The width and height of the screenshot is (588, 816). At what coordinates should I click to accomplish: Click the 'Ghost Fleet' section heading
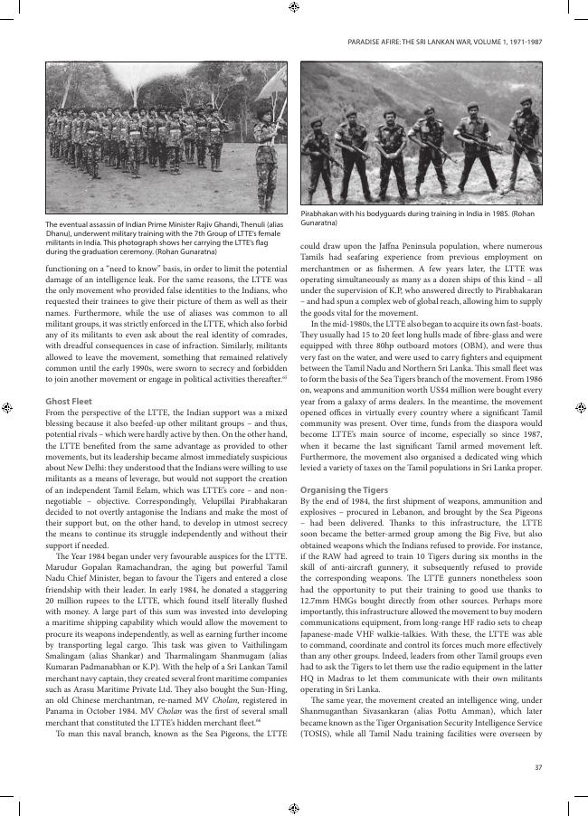[x=70, y=400]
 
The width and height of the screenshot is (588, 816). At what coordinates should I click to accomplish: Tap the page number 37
[x=537, y=742]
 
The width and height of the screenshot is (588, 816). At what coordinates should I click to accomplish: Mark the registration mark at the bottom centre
[x=294, y=807]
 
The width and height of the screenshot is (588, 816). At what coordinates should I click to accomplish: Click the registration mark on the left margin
[x=7, y=408]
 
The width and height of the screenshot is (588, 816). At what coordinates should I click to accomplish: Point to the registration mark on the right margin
[x=581, y=408]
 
